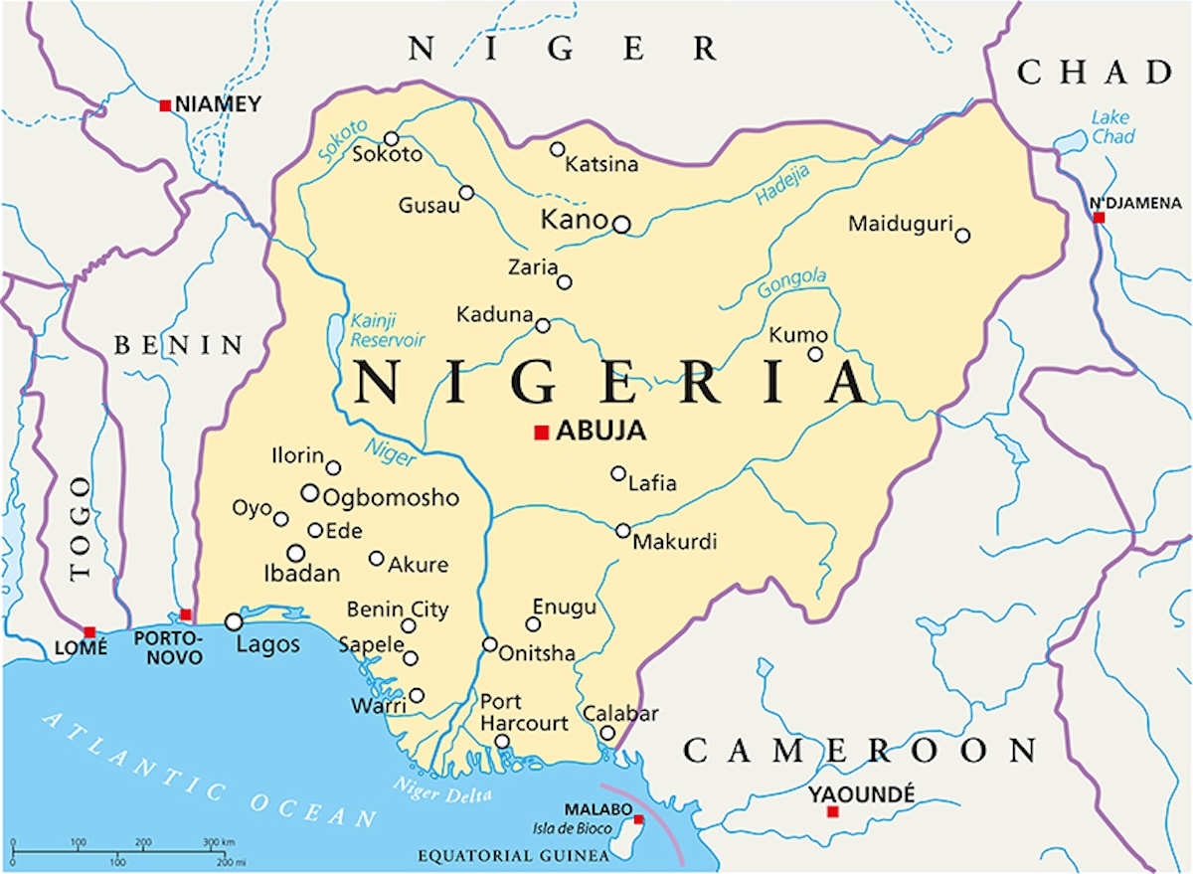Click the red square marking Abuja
542,432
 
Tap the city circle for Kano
621,225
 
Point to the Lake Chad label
1111,127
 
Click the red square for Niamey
165,104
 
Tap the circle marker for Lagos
234,621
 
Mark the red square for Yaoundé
833,812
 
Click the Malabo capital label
594,809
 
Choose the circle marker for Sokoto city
392,139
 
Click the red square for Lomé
89,632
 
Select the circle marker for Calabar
607,734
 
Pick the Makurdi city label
675,543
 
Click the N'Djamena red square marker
1100,218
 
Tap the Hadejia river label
782,185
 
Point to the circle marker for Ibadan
295,553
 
